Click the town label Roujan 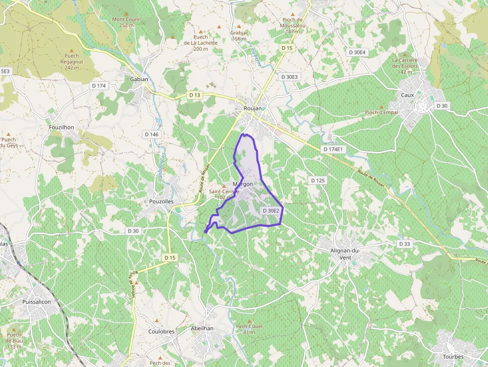(x=252, y=109)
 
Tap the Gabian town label (x=139, y=79)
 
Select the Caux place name (x=407, y=95)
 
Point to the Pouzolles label (x=161, y=202)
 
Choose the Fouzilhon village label (x=62, y=127)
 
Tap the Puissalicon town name (x=37, y=302)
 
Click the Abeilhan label (x=202, y=329)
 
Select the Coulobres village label (x=161, y=332)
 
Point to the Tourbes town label (x=453, y=357)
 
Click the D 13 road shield (x=195, y=95)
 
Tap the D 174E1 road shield (x=334, y=149)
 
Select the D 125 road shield (x=317, y=180)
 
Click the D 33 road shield (x=404, y=244)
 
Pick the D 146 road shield (x=151, y=134)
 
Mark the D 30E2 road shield (x=271, y=211)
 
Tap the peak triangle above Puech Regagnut (x=72, y=50)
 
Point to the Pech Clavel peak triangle (x=248, y=321)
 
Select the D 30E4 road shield (x=357, y=52)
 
